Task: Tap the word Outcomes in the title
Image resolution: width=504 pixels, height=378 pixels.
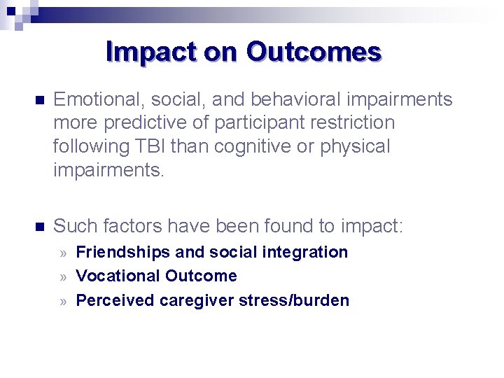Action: point(314,52)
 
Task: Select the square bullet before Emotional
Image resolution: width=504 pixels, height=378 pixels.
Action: point(39,100)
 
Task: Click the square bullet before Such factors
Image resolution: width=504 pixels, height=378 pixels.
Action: point(39,227)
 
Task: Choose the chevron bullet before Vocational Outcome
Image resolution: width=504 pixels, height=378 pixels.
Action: point(63,276)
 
